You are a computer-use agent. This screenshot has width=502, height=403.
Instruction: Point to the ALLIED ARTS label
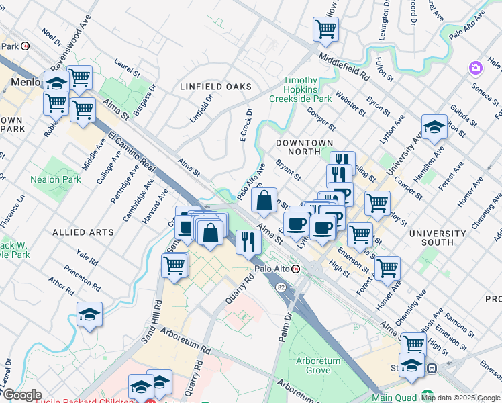coord(83,232)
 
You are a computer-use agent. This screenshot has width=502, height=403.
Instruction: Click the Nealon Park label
coord(55,179)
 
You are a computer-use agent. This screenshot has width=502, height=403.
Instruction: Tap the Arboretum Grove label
coord(318,365)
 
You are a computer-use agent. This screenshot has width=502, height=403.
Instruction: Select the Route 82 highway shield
coord(281,287)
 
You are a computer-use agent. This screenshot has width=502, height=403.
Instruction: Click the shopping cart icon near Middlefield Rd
coord(325,29)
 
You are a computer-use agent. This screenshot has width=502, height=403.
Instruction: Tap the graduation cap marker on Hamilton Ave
coord(434,127)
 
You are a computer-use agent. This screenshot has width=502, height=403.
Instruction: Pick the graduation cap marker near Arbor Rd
coord(89,314)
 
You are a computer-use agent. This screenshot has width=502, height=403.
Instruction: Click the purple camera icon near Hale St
coord(476,67)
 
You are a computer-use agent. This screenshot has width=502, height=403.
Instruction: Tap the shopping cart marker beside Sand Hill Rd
coord(174,265)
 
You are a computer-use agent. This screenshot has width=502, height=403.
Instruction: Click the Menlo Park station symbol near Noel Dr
coord(26,46)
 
